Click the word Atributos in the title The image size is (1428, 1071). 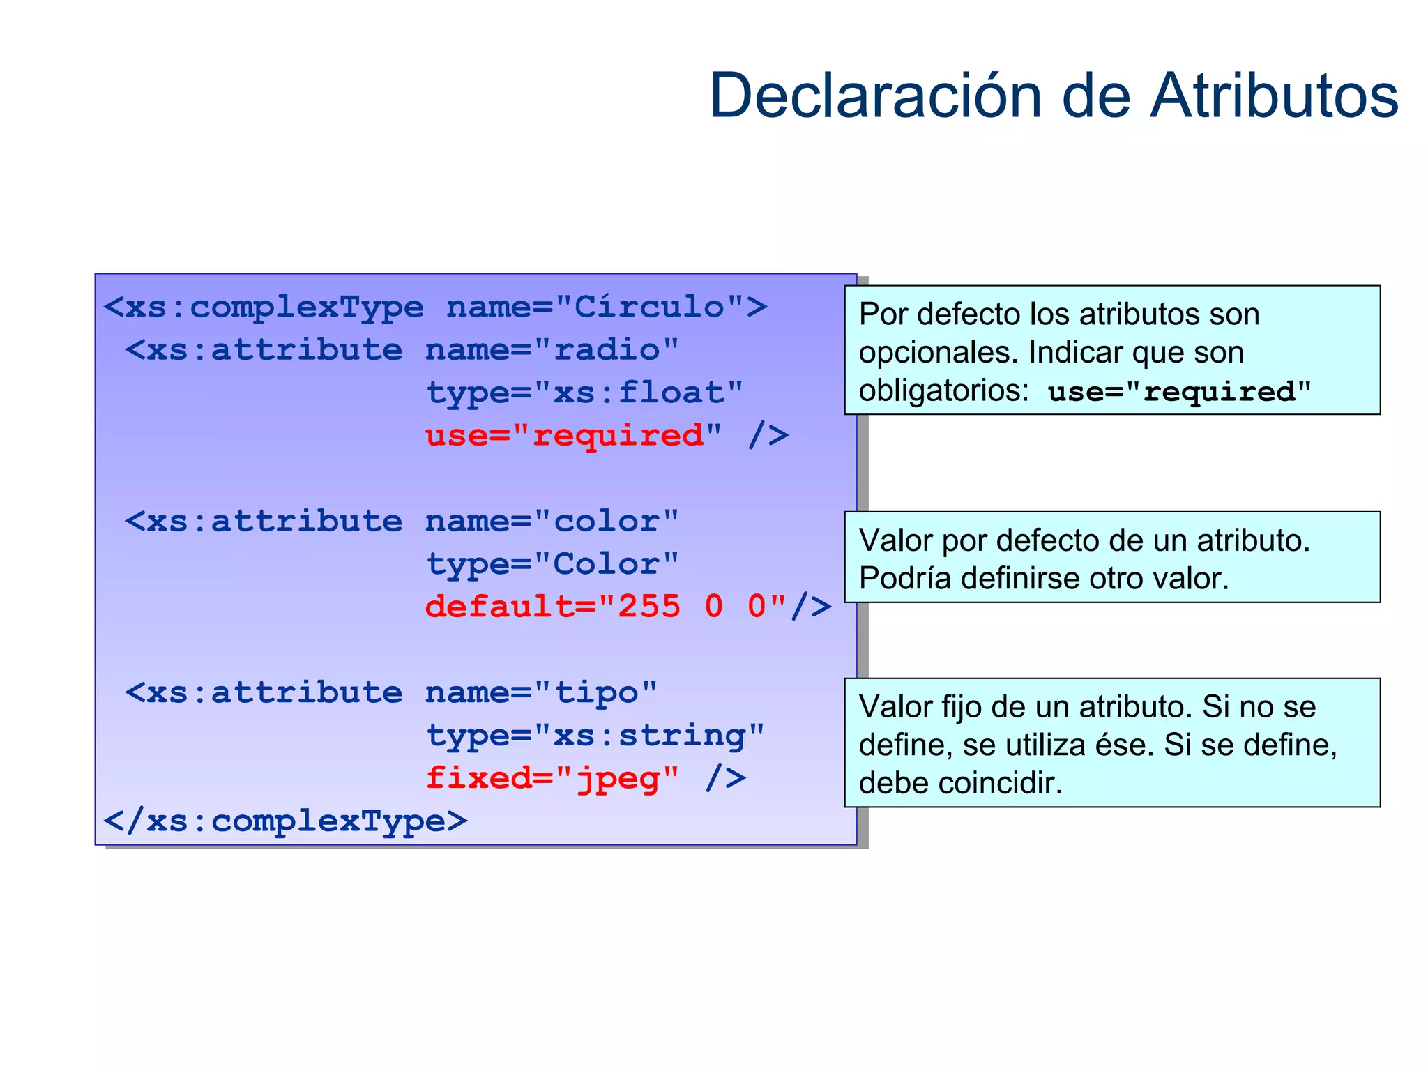pyautogui.click(x=1273, y=96)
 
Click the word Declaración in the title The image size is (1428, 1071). pyautogui.click(x=875, y=96)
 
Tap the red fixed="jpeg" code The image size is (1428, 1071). pyautogui.click(x=552, y=778)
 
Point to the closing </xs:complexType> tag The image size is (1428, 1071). pyautogui.click(x=285, y=821)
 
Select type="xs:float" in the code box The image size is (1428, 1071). pyautogui.click(x=584, y=393)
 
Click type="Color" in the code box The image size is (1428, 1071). pyautogui.click(x=552, y=563)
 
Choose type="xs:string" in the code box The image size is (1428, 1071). pyautogui.click(x=595, y=736)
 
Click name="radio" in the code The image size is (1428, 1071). pyautogui.click(x=552, y=349)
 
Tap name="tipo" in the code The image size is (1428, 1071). pyautogui.click(x=541, y=692)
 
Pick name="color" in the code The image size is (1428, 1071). pyautogui.click(x=552, y=521)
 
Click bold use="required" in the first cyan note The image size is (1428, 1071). pyautogui.click(x=1179, y=392)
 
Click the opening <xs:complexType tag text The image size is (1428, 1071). pyautogui.click(x=264, y=307)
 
